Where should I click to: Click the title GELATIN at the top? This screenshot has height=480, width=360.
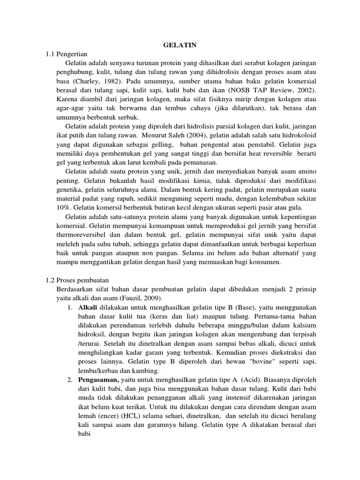[180, 45]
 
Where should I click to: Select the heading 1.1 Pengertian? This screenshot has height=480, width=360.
[67, 54]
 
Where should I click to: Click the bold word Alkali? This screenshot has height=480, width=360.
[87, 307]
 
